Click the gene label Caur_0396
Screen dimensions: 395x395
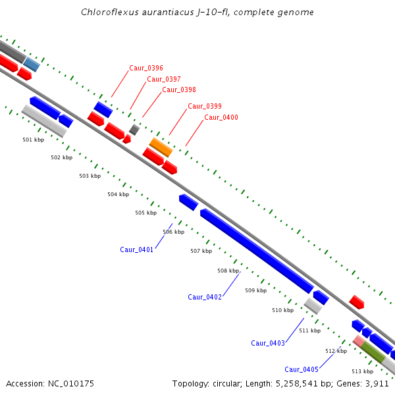coord(146,68)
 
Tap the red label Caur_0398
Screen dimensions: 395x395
coord(179,90)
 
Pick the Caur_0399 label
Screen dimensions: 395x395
coord(204,106)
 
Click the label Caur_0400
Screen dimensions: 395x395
coord(221,117)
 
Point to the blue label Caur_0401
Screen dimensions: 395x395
coord(137,250)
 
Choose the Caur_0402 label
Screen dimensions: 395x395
coord(205,297)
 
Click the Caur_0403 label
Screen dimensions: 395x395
coord(268,343)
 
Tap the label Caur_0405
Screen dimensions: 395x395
coord(302,369)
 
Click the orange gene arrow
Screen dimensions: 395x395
coord(161,147)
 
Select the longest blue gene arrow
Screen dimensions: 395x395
coord(257,251)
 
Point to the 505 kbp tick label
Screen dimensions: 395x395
coord(146,213)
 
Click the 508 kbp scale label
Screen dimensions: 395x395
coord(228,271)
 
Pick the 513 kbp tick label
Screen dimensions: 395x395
coord(362,371)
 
